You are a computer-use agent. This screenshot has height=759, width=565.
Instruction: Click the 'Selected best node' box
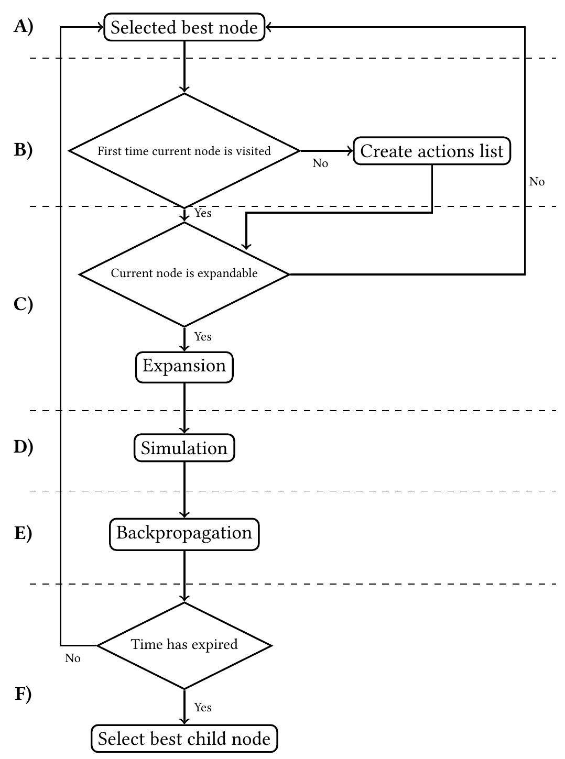(x=184, y=27)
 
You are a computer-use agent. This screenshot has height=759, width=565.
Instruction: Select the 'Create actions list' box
(x=431, y=151)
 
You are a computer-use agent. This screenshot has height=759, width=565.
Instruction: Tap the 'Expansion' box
(x=184, y=366)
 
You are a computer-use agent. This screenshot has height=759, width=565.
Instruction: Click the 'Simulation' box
(x=184, y=448)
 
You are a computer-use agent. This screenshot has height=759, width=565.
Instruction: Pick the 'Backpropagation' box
(x=184, y=533)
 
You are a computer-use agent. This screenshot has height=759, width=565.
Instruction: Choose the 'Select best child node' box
(x=184, y=739)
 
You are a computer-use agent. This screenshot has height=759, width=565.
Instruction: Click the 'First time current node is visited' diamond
(x=184, y=151)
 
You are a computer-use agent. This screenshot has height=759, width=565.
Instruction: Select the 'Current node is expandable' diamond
(x=184, y=273)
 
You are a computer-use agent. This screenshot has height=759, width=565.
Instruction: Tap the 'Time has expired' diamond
(x=184, y=645)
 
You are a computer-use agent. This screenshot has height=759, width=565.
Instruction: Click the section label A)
(x=23, y=26)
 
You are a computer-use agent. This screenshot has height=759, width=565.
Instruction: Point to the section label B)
(x=23, y=150)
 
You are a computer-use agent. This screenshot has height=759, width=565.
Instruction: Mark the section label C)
(x=23, y=304)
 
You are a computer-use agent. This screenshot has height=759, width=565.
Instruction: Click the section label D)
(x=23, y=447)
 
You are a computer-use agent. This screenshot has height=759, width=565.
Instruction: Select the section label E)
(x=23, y=533)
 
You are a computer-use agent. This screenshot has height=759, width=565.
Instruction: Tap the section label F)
(x=23, y=694)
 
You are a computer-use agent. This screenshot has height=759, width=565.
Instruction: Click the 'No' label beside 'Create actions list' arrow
(x=320, y=163)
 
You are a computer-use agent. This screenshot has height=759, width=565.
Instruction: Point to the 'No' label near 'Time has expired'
(x=73, y=658)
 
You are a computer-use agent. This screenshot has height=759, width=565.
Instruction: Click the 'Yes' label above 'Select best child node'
(x=203, y=708)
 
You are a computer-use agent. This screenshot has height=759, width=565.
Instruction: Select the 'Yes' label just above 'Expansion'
(x=203, y=337)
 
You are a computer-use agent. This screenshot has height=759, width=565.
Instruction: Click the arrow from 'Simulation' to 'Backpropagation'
(x=184, y=490)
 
